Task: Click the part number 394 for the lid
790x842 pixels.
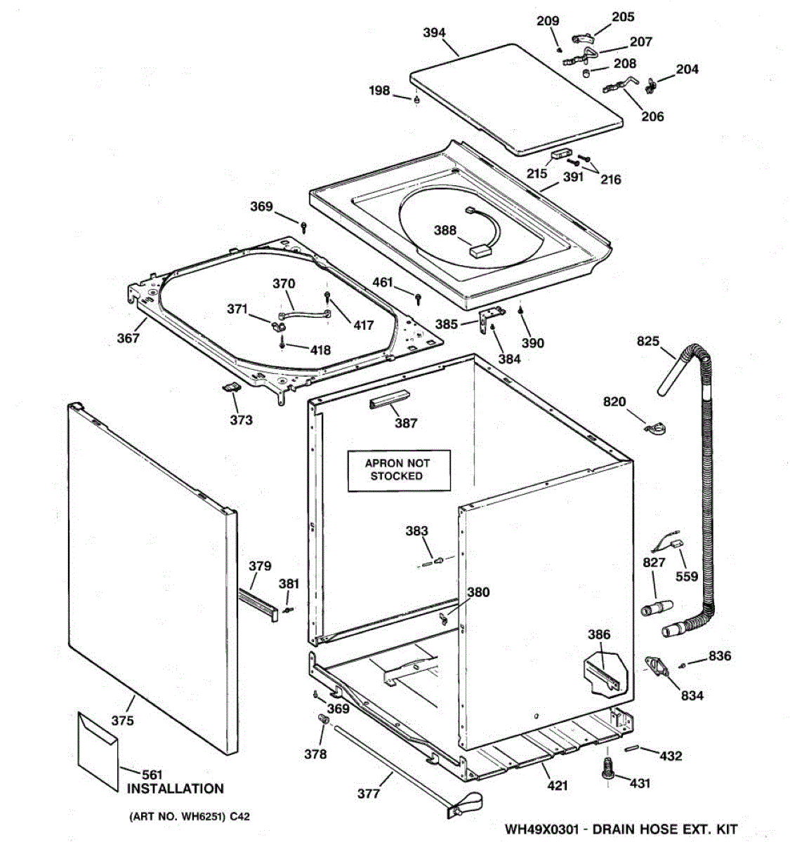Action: [434, 32]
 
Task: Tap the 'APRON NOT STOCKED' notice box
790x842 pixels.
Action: [397, 469]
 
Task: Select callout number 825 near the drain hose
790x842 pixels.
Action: [647, 342]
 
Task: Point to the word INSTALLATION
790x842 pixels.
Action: [176, 789]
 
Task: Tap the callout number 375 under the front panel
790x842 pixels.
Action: [122, 721]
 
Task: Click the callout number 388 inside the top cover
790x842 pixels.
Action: [445, 230]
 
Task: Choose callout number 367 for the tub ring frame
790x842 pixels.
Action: [128, 338]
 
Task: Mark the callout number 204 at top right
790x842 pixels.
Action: [687, 69]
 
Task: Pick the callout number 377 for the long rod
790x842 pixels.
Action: [368, 794]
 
